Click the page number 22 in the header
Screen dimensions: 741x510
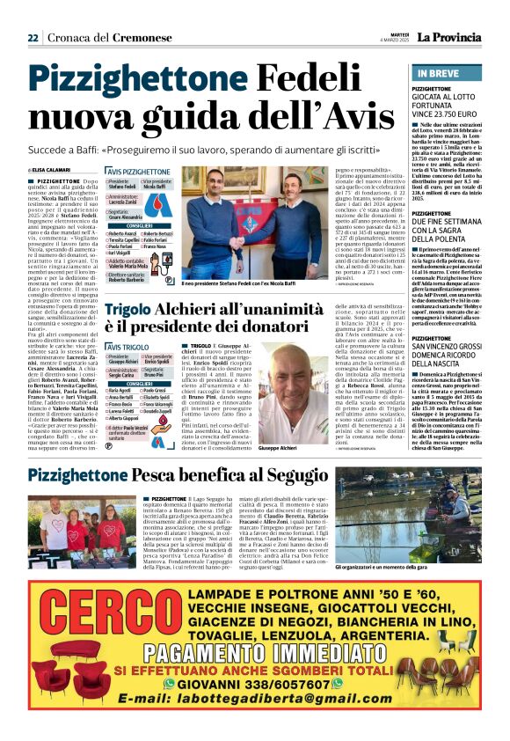[x=33, y=38]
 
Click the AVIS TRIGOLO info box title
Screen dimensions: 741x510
[x=126, y=348]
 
